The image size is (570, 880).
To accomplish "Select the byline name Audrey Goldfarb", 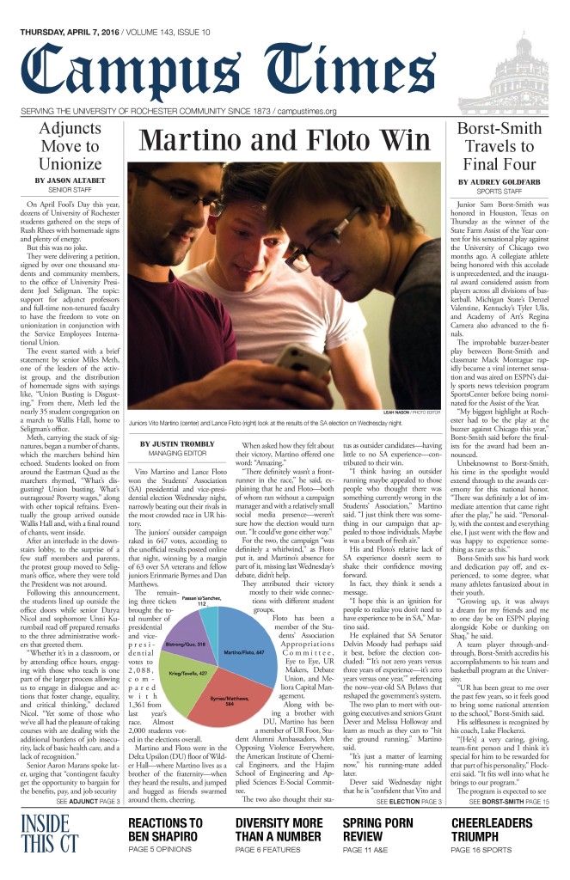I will point(498,182).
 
